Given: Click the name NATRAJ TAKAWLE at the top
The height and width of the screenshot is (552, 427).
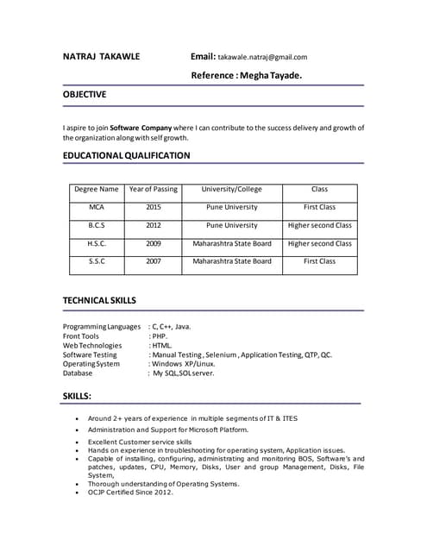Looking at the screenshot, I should [101, 57].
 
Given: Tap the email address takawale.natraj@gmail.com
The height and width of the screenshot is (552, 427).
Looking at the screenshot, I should [262, 58].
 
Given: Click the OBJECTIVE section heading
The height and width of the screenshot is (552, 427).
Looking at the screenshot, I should [85, 94].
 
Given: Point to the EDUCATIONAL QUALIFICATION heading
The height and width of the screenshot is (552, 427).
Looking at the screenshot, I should [126, 155].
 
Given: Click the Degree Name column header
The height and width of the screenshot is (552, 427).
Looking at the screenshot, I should [97, 190].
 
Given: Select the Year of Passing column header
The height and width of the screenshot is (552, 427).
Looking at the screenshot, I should [153, 190].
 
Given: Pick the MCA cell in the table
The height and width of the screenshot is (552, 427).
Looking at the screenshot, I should [97, 208].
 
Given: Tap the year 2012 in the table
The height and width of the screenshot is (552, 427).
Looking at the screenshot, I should [153, 226].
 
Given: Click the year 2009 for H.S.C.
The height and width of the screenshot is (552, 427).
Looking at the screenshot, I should [153, 244].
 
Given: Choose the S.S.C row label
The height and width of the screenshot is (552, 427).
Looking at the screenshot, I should [97, 261].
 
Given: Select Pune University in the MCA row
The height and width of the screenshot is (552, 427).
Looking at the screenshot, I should [231, 208].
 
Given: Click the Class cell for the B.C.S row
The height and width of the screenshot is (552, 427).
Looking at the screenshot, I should [319, 226].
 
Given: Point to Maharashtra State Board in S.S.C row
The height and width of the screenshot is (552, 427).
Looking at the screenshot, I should [231, 261].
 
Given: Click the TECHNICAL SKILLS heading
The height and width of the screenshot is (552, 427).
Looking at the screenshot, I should [99, 300].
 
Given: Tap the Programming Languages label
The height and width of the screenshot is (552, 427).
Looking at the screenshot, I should [101, 327].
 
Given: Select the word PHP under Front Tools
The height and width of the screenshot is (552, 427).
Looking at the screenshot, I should [160, 336].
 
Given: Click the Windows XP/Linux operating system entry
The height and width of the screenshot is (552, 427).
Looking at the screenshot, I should [184, 364].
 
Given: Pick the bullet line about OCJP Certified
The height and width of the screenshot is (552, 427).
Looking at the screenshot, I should [130, 492].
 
